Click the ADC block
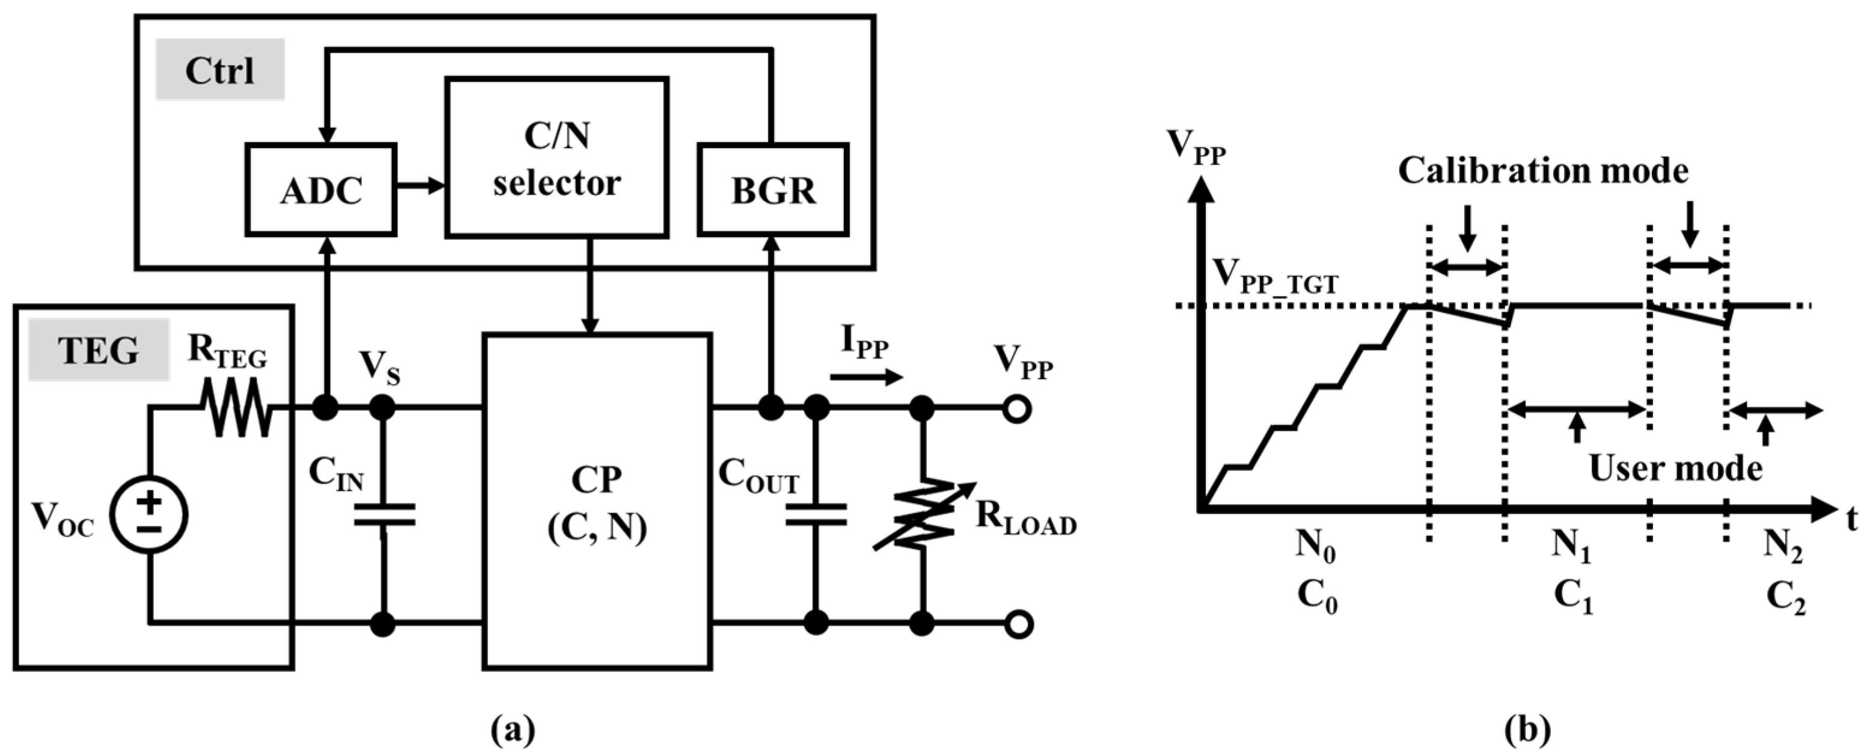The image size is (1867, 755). pyautogui.click(x=321, y=190)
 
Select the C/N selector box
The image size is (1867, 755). pyautogui.click(x=557, y=158)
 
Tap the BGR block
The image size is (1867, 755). pyautogui.click(x=772, y=190)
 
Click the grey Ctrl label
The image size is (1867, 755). pyautogui.click(x=219, y=70)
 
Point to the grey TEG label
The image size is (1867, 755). pyautogui.click(x=99, y=350)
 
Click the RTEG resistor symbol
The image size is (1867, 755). pyautogui.click(x=236, y=410)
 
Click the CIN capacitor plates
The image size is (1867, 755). pyautogui.click(x=383, y=514)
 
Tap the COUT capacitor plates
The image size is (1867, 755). pyautogui.click(x=816, y=514)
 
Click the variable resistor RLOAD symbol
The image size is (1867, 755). pyautogui.click(x=923, y=515)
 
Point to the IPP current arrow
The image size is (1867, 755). pyautogui.click(x=867, y=377)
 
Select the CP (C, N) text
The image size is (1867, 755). pyautogui.click(x=596, y=502)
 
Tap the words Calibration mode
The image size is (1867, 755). pyautogui.click(x=1543, y=171)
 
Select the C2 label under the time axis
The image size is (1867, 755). pyautogui.click(x=1786, y=599)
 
